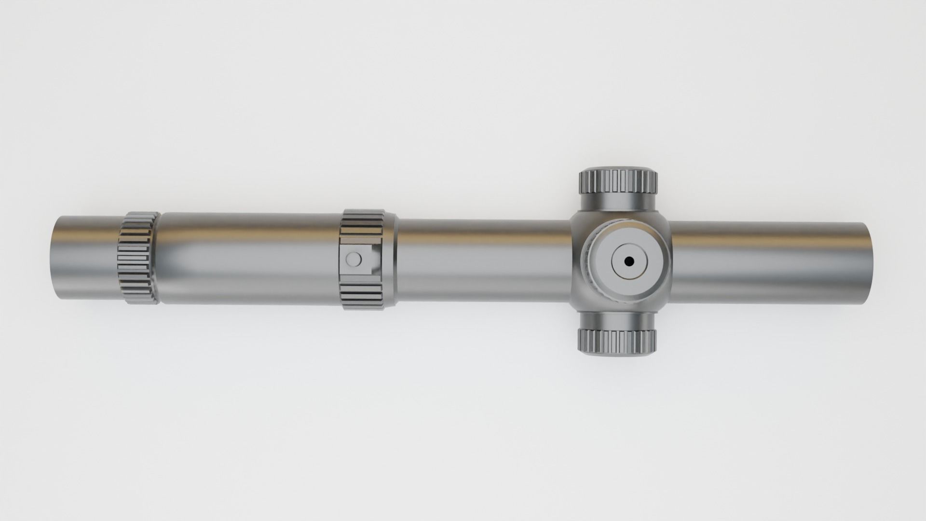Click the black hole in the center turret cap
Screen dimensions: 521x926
pos(629,261)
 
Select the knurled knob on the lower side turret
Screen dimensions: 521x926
pos(618,341)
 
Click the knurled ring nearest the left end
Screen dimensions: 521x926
pos(138,258)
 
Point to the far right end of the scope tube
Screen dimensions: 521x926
pos(870,262)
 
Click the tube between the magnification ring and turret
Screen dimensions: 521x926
pos(482,260)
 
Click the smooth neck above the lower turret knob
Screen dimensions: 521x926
pos(618,320)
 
